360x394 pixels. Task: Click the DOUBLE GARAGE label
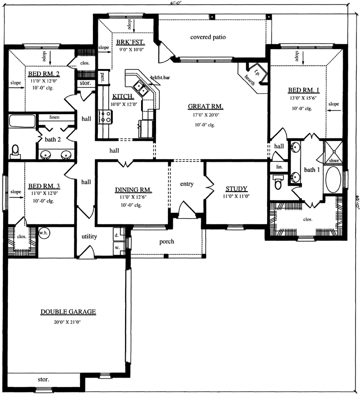[68, 312]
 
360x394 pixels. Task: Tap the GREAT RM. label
[205, 107]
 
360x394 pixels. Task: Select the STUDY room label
[236, 189]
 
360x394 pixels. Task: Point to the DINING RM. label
[133, 190]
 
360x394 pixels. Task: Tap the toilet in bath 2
[15, 150]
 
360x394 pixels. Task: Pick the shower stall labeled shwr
[330, 151]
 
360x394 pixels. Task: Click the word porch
[166, 242]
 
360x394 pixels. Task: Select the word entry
[187, 184]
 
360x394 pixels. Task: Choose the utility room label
[89, 236]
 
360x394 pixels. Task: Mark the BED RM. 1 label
[303, 90]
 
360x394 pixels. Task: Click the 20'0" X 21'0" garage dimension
[68, 322]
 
